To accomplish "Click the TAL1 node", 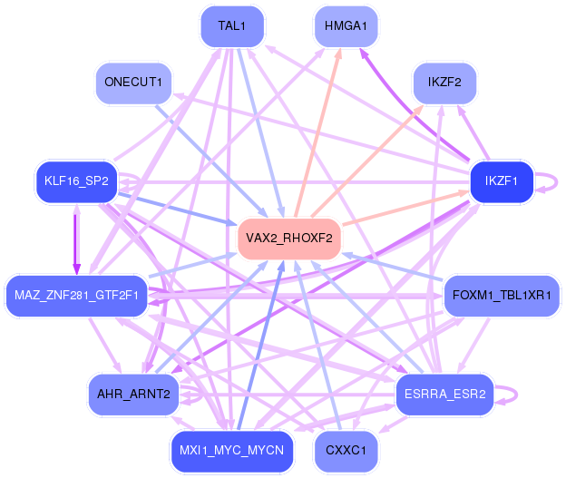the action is click(232, 26).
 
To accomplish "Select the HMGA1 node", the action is click(346, 26).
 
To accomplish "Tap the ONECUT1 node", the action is click(133, 83).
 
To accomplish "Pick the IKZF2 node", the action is click(444, 83).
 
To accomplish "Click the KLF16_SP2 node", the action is click(76, 181).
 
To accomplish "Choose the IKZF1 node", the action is click(502, 181).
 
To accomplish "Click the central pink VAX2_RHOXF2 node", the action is click(289, 239).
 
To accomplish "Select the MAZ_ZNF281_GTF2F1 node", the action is click(76, 296).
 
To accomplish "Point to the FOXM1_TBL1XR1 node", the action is click(502, 296).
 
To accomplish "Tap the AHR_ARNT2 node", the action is click(133, 395).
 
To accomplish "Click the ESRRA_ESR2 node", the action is click(444, 395).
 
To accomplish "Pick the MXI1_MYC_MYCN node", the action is click(232, 451).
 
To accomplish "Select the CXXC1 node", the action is click(346, 451).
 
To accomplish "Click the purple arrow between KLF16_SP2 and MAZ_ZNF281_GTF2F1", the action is click(76, 239).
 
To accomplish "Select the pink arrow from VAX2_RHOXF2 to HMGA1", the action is click(317, 132).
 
